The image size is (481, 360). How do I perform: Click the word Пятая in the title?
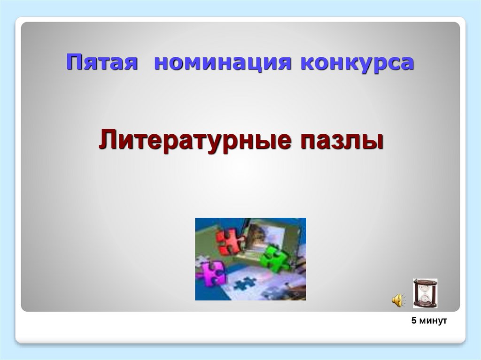tap(102, 63)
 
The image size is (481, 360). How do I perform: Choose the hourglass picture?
tap(425, 293)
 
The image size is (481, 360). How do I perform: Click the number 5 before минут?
tap(414, 321)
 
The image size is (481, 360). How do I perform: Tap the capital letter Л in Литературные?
tap(106, 141)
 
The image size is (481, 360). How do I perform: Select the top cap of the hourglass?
tap(425, 281)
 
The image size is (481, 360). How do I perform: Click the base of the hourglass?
tap(425, 306)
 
